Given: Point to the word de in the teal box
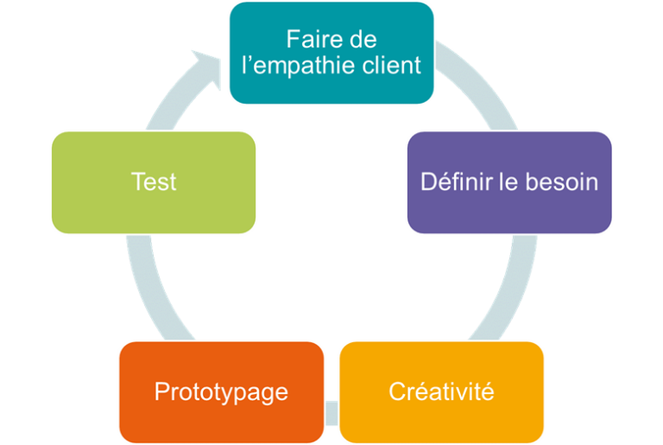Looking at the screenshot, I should (x=363, y=40).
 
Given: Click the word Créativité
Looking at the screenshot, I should (x=441, y=391).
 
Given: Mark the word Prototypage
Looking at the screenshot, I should (x=221, y=391).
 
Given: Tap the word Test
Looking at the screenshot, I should (x=154, y=181).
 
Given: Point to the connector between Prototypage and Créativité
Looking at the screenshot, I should (x=331, y=405).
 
